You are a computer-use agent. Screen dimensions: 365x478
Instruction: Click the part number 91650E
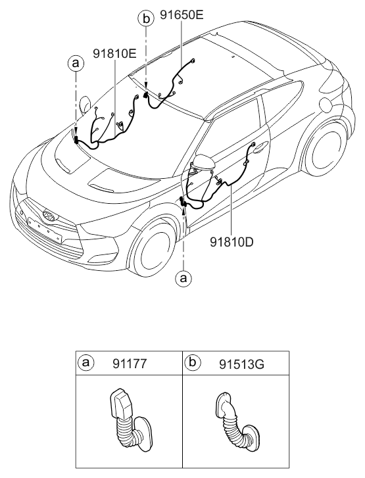[182, 15]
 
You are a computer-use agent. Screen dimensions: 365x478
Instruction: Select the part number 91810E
[114, 54]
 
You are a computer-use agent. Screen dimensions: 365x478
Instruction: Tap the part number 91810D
[231, 242]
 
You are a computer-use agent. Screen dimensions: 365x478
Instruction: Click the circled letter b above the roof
[147, 19]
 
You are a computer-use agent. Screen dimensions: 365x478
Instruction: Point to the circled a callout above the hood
[76, 63]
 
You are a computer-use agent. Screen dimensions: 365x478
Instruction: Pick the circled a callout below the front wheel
[183, 278]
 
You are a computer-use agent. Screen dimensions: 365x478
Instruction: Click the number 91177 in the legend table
[130, 364]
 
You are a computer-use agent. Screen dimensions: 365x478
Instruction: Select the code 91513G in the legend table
[241, 364]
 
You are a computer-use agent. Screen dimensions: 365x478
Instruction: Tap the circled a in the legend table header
[86, 362]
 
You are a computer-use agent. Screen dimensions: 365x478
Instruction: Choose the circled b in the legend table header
[193, 362]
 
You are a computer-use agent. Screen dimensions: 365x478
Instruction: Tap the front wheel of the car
[153, 249]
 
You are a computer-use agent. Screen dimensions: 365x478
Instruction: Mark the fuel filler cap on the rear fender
[325, 106]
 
